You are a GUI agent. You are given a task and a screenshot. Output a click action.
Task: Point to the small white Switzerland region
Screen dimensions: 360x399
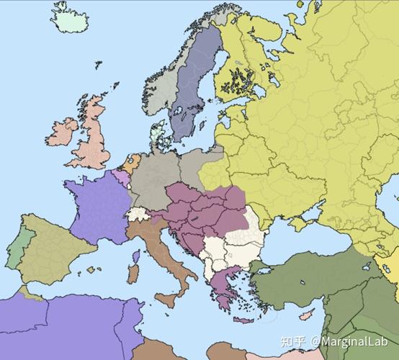136,214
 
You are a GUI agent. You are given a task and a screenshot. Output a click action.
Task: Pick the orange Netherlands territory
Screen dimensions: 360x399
129,161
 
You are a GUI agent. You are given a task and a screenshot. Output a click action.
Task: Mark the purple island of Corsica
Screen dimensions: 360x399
135,256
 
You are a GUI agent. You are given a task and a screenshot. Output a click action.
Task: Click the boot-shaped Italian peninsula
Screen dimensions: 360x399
166,252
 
